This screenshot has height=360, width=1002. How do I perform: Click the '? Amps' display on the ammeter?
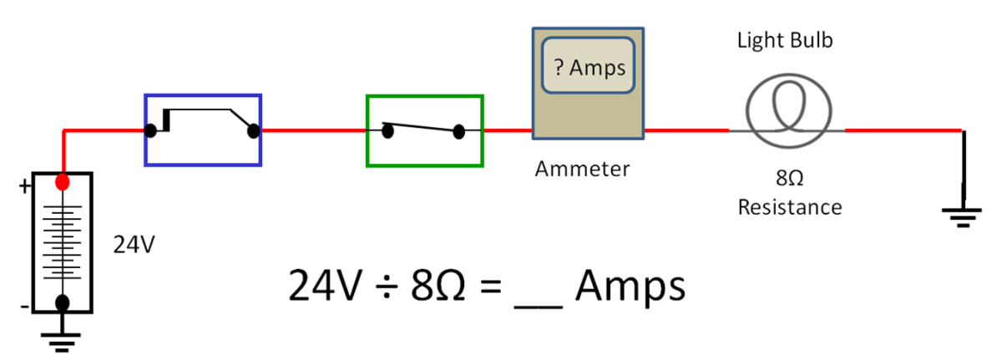click(590, 66)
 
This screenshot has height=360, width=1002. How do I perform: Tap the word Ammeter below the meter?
click(582, 170)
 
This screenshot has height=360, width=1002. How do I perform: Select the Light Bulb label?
click(784, 40)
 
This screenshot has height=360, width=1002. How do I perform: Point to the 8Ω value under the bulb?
click(788, 178)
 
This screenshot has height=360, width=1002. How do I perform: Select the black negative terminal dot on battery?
click(63, 302)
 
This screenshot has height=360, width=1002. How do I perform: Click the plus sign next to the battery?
click(25, 187)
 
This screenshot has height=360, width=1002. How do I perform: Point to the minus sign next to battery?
click(24, 307)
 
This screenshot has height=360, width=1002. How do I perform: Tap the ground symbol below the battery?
click(63, 337)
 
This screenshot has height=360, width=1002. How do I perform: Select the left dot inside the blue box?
click(151, 130)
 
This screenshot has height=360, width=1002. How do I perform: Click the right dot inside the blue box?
click(254, 130)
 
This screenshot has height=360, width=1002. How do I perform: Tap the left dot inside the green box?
click(387, 130)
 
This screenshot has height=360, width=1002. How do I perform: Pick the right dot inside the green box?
click(458, 131)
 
